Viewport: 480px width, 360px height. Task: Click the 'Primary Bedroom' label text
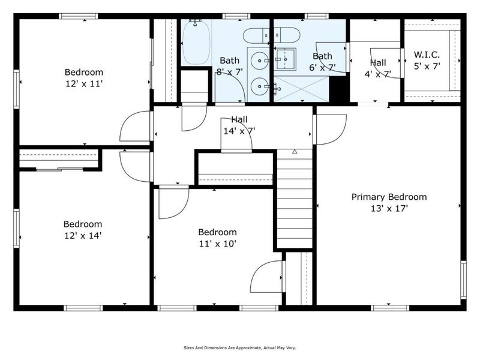389,197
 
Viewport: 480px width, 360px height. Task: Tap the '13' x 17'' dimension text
389,209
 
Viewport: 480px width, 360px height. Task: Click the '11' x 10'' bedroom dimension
217,244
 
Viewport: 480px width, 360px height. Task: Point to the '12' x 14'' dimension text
83,236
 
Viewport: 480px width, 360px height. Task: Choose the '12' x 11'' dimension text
84,84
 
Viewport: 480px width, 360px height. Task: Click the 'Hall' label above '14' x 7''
235,120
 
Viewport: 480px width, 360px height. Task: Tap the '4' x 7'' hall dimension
378,74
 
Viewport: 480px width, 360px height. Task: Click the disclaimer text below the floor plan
239,347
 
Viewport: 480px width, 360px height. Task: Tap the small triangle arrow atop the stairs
295,152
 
